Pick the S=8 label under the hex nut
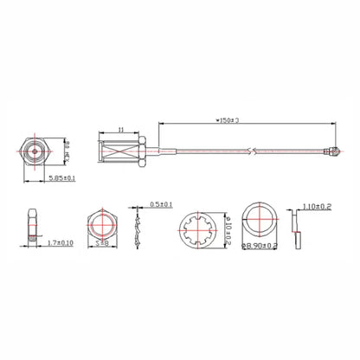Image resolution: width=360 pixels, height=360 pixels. [102, 244]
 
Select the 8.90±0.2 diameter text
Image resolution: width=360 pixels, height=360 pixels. [259, 246]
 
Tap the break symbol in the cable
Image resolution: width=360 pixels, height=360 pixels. [251, 153]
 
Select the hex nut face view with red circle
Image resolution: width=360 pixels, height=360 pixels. [101, 223]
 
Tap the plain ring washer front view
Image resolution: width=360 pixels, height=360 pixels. [258, 222]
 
